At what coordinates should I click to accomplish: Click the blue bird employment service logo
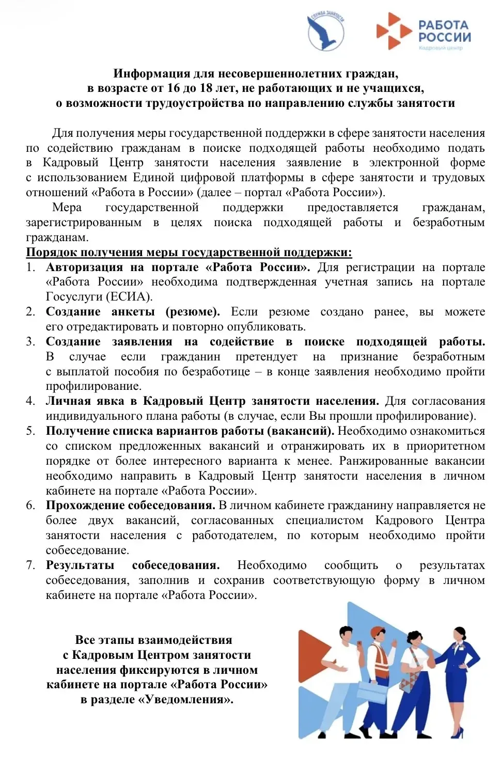pos(326,32)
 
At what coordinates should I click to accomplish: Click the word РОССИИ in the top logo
pos(444,37)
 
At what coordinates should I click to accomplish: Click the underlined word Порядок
pos(52,252)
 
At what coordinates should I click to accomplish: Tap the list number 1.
pos(30,267)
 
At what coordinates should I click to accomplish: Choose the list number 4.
pos(30,401)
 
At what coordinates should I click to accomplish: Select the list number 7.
pos(30,565)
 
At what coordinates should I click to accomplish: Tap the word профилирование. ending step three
pos(93,386)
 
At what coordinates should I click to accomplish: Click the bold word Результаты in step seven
pos(80,565)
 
